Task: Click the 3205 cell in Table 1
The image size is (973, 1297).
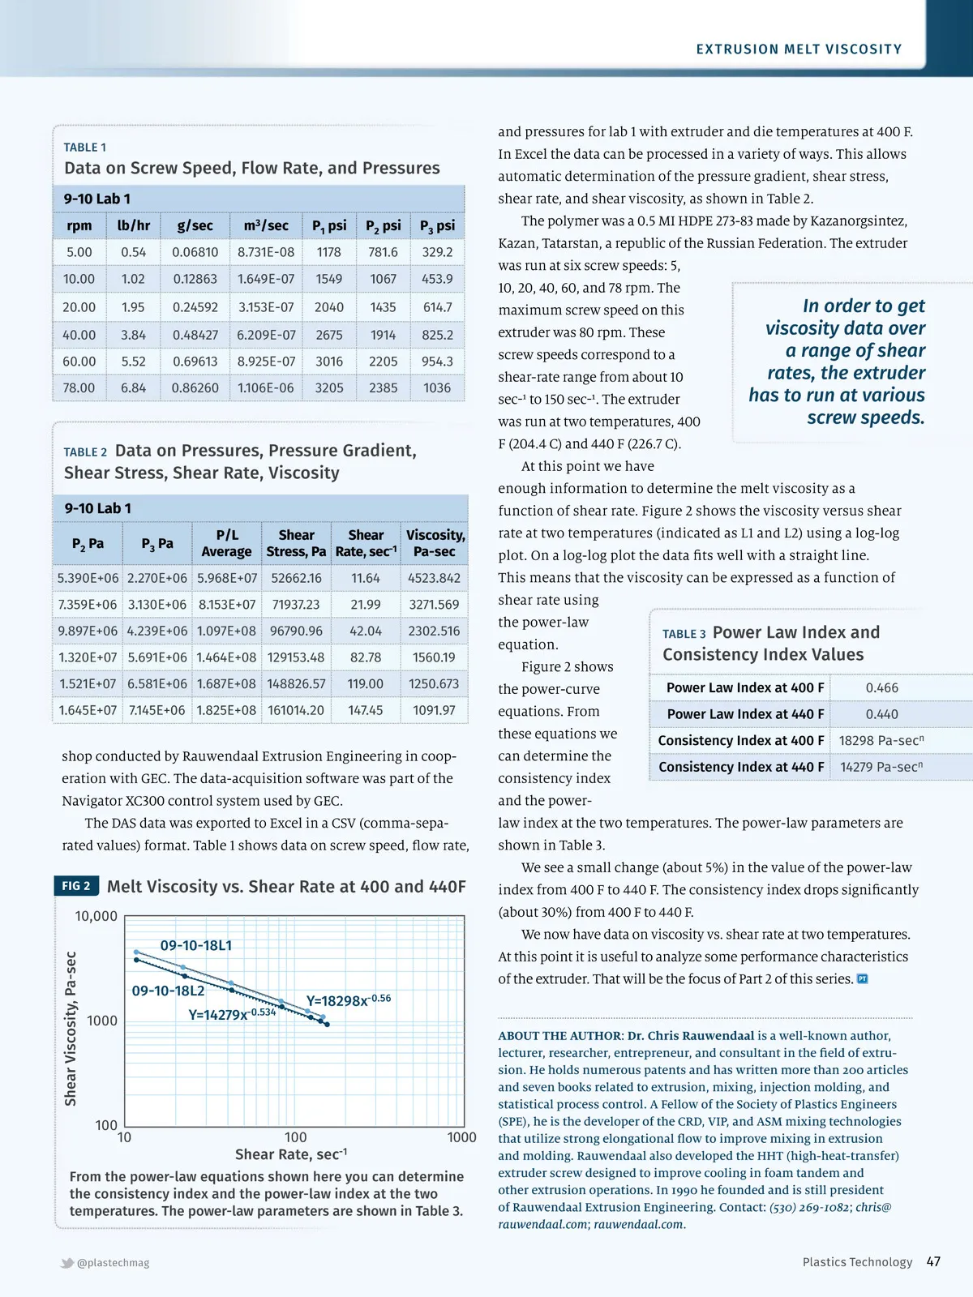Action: point(329,387)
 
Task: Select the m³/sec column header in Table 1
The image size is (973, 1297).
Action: point(266,225)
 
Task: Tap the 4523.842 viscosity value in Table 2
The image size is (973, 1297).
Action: point(434,578)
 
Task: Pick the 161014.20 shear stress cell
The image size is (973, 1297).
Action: point(296,710)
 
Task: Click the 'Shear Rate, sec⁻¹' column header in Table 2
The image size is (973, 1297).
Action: point(366,543)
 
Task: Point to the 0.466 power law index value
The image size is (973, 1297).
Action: point(881,687)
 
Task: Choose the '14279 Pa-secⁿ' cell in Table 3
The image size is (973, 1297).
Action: point(881,767)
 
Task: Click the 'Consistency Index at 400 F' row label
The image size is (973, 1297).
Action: point(741,740)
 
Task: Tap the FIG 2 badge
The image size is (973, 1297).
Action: point(76,886)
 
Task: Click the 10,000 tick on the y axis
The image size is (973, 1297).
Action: point(96,916)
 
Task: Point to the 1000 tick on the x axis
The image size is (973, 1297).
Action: point(461,1137)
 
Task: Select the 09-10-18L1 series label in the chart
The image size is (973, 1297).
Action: point(196,945)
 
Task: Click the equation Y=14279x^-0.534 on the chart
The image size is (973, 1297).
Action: point(232,1014)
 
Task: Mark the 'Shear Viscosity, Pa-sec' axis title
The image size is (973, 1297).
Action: point(71,1028)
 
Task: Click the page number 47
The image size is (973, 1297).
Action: point(933,1261)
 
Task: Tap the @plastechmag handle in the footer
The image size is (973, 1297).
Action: point(113,1263)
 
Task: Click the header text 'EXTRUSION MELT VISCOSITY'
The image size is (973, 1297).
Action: point(799,49)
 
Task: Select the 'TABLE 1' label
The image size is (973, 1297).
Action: point(85,148)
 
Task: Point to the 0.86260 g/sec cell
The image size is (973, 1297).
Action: point(195,387)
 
